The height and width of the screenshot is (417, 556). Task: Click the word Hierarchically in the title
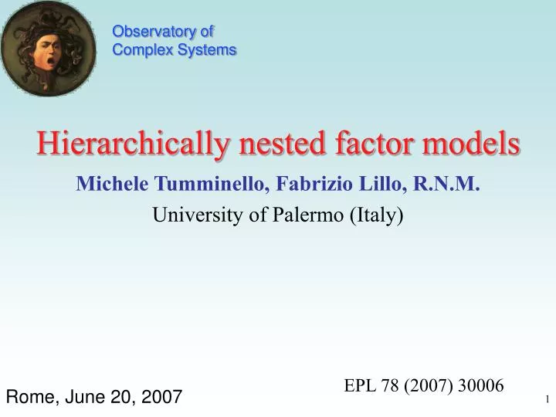pyautogui.click(x=131, y=144)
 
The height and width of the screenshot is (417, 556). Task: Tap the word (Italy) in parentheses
pyautogui.click(x=376, y=215)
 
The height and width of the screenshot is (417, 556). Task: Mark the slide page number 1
pyautogui.click(x=546, y=398)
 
